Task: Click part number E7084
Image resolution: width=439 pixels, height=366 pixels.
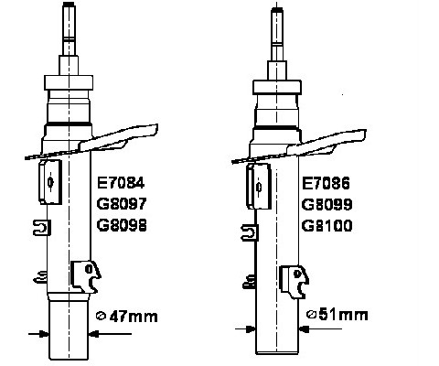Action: (121, 183)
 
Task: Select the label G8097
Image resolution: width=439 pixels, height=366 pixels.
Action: (122, 204)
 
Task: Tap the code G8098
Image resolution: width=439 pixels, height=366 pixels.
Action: (122, 225)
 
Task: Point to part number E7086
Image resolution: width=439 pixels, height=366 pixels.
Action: (326, 183)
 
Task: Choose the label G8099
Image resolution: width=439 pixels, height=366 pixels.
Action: (327, 204)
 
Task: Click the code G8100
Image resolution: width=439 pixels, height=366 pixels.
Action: (327, 226)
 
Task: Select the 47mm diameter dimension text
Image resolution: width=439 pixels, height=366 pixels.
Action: (134, 317)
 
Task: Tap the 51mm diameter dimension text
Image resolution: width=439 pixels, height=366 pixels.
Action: (343, 315)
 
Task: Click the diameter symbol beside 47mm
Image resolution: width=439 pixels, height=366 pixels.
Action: (101, 316)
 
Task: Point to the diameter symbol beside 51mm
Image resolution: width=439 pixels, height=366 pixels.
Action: (311, 314)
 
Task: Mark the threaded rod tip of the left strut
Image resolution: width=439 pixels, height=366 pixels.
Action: (69, 5)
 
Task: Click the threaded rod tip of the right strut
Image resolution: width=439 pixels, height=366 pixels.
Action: (277, 11)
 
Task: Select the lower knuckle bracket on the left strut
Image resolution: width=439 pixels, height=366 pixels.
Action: (86, 276)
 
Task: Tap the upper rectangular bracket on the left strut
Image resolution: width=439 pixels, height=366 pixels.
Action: (50, 182)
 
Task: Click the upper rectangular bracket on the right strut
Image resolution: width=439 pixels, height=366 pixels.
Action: (259, 186)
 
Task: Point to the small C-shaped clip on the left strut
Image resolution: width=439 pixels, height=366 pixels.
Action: (42, 228)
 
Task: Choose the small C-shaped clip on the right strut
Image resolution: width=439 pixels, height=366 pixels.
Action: (250, 232)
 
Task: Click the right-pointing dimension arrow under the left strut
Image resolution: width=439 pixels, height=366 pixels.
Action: (38, 334)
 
